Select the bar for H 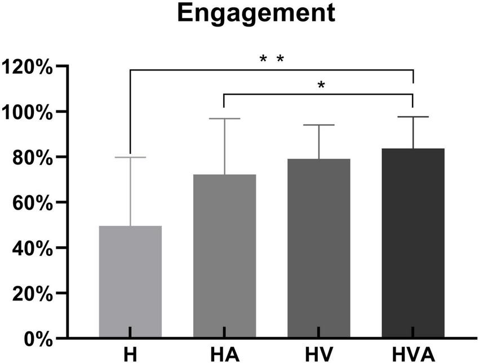pos(130,282)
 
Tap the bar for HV pos(319,249)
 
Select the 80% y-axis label pos(33,157)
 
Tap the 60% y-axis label pos(33,202)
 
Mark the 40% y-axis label pos(33,247)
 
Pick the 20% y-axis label pos(33,293)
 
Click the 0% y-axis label pos(37,338)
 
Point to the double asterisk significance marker pos(272,59)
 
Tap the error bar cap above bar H pos(130,157)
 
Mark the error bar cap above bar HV pos(319,125)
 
